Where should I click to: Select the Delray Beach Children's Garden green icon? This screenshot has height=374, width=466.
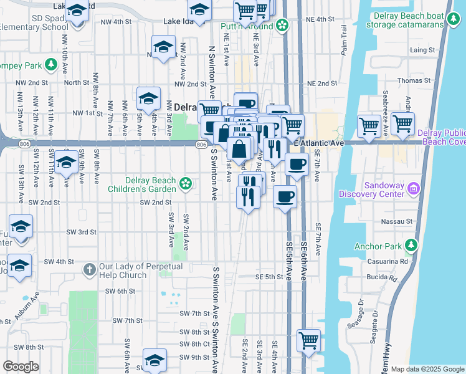(x=185, y=183)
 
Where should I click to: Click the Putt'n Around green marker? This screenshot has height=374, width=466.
(x=282, y=26)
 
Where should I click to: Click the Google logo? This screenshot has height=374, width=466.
(x=21, y=367)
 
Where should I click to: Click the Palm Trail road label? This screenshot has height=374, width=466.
(x=343, y=44)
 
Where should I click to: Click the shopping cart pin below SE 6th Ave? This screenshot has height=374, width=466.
(x=308, y=342)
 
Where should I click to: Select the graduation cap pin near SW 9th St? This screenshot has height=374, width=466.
(x=155, y=360)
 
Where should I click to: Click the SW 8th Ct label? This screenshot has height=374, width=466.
(x=194, y=344)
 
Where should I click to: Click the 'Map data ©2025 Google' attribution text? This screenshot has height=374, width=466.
(x=427, y=368)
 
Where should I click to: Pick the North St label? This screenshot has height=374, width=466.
(x=77, y=82)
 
